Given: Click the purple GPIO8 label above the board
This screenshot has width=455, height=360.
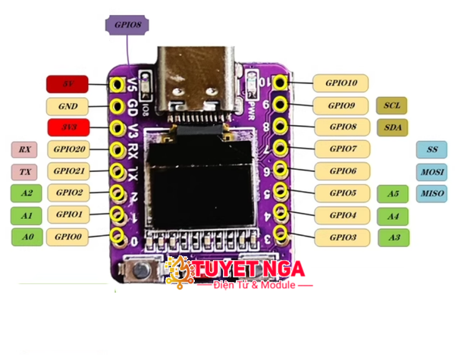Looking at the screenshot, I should coord(127,24).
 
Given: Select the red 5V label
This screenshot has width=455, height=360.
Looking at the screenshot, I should coord(67,83).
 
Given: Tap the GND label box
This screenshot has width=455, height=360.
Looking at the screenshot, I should coord(67,106).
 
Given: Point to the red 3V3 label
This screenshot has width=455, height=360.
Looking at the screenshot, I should coord(67,127).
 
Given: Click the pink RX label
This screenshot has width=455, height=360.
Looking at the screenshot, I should coord(25,149).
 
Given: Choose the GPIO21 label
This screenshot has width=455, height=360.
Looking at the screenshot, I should coord(67,171).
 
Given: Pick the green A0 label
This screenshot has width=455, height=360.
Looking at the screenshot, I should coord(27,237).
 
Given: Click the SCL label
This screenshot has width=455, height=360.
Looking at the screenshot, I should coord(392,105).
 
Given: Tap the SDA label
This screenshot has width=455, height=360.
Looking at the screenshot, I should coord(392,127).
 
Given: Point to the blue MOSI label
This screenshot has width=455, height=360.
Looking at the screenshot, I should coord(431,171).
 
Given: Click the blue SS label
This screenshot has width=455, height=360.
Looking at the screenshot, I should coord(431,149).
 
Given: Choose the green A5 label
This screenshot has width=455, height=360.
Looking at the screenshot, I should coord(393,194).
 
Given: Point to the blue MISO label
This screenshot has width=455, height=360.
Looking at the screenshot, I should coord(431,193).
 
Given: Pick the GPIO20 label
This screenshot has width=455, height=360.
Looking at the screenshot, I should coord(67,149).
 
